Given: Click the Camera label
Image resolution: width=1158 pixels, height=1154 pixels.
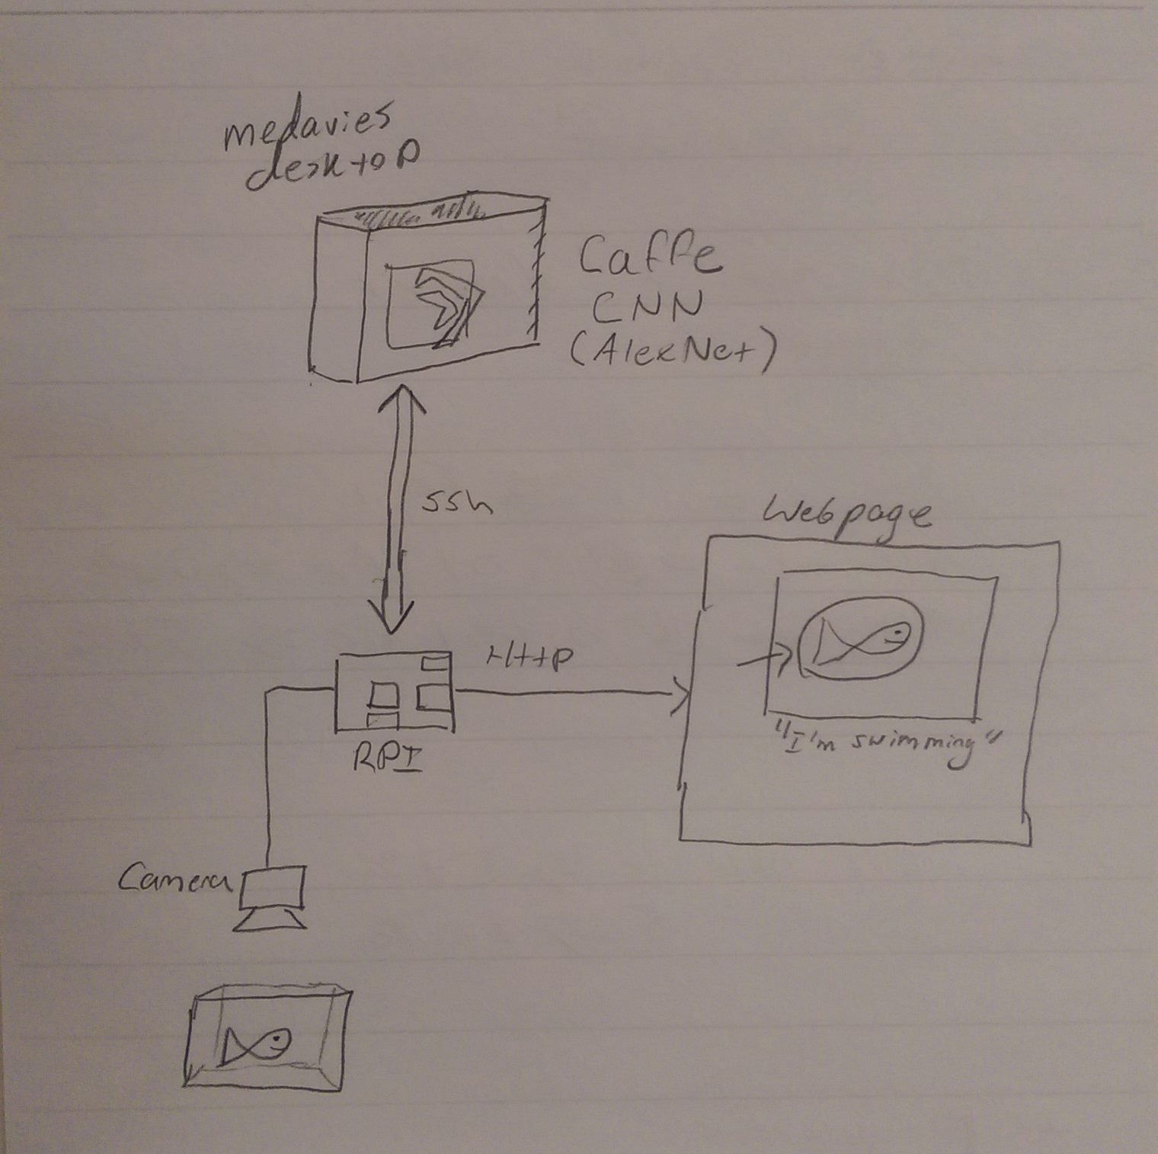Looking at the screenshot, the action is [175, 881].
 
